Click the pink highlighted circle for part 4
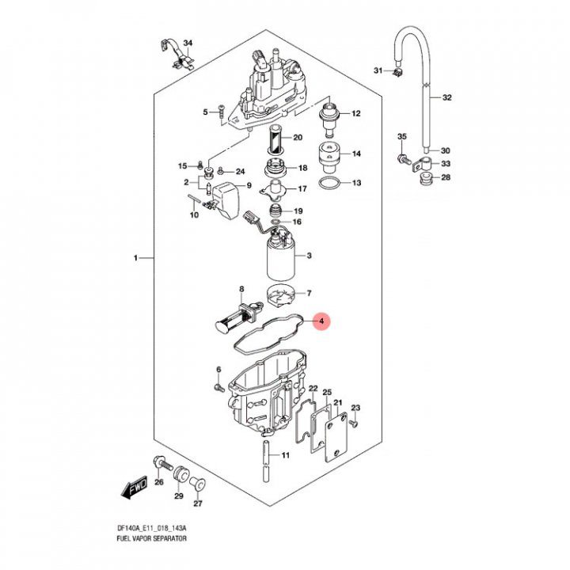320,321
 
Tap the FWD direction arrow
132,489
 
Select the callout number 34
188,43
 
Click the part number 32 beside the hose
447,98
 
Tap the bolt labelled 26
159,462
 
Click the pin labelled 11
266,456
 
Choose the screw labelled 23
353,423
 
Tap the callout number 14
356,154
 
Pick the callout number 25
327,393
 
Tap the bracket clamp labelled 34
178,55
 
